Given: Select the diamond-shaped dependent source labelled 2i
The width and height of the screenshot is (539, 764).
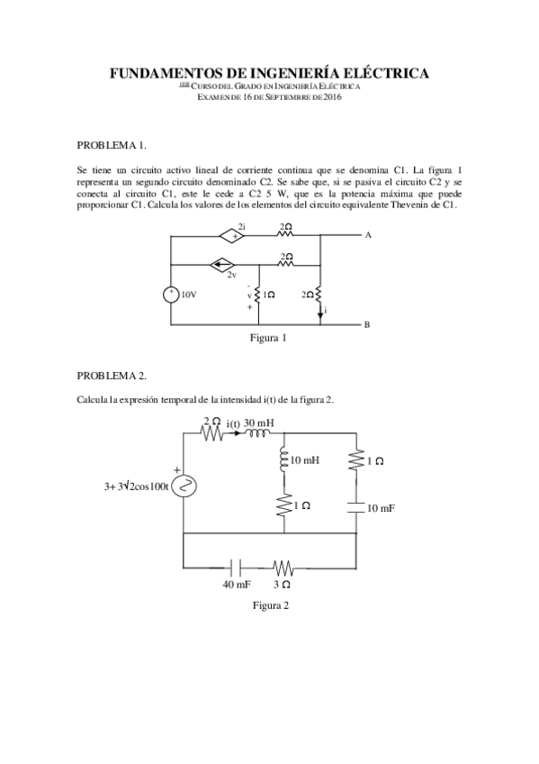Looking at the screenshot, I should pos(234,236).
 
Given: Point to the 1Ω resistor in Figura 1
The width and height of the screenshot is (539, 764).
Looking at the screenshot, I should pos(258,294).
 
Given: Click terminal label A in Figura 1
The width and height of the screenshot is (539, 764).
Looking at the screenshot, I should pos(367,236).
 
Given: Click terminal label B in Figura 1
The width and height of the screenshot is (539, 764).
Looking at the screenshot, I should pos(367,324).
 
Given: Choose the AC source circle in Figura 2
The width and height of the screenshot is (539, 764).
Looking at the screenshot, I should pos(184,487).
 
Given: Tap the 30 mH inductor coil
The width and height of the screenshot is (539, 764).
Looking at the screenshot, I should pos(258,433).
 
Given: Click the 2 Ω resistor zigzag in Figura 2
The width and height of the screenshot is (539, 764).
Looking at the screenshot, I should pos(211,433).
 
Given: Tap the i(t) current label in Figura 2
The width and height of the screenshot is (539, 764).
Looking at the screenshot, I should pos(234,423).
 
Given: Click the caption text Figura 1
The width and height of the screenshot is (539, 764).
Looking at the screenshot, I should pos(269,339).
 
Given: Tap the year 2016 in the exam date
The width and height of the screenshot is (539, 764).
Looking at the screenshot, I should pos(332,96).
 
